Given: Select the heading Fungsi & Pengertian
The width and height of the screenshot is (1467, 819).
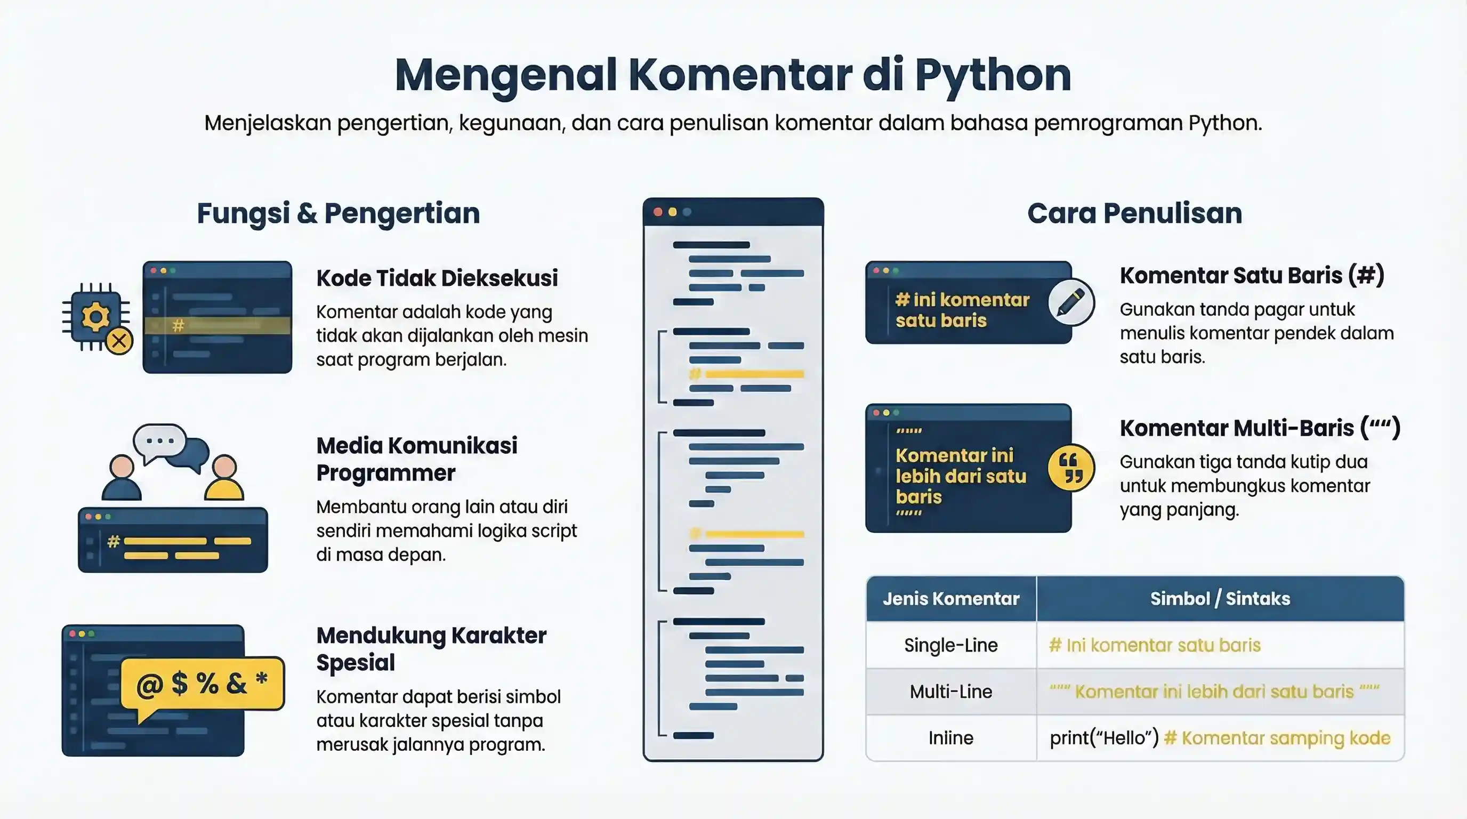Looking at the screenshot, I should [338, 214].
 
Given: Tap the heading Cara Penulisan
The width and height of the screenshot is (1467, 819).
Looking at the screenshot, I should [1134, 214].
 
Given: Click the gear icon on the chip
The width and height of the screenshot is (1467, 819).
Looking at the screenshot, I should [95, 316].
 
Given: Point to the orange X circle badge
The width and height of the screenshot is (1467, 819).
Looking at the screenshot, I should [119, 341].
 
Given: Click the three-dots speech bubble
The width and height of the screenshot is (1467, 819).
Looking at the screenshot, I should [159, 441].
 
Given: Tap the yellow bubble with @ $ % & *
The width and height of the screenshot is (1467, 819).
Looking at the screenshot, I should [202, 684].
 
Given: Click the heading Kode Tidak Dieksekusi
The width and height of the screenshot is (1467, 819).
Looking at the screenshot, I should [437, 278].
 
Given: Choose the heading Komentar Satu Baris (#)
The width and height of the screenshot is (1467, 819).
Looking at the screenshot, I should [1252, 276].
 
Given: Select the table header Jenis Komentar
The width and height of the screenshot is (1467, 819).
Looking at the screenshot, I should [950, 599].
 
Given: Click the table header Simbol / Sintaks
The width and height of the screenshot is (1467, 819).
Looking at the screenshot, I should [1220, 599].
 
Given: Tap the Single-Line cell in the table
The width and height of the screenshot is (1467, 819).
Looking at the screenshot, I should [950, 645].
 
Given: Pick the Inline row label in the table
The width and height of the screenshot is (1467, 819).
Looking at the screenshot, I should [950, 738].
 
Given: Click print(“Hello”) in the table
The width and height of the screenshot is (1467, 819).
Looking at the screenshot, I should [1103, 738].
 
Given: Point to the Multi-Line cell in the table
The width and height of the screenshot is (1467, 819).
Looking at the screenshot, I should [950, 692].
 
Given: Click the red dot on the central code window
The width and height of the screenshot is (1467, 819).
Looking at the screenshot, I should [658, 212].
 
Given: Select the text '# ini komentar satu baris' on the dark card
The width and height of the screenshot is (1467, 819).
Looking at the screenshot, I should [962, 310].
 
